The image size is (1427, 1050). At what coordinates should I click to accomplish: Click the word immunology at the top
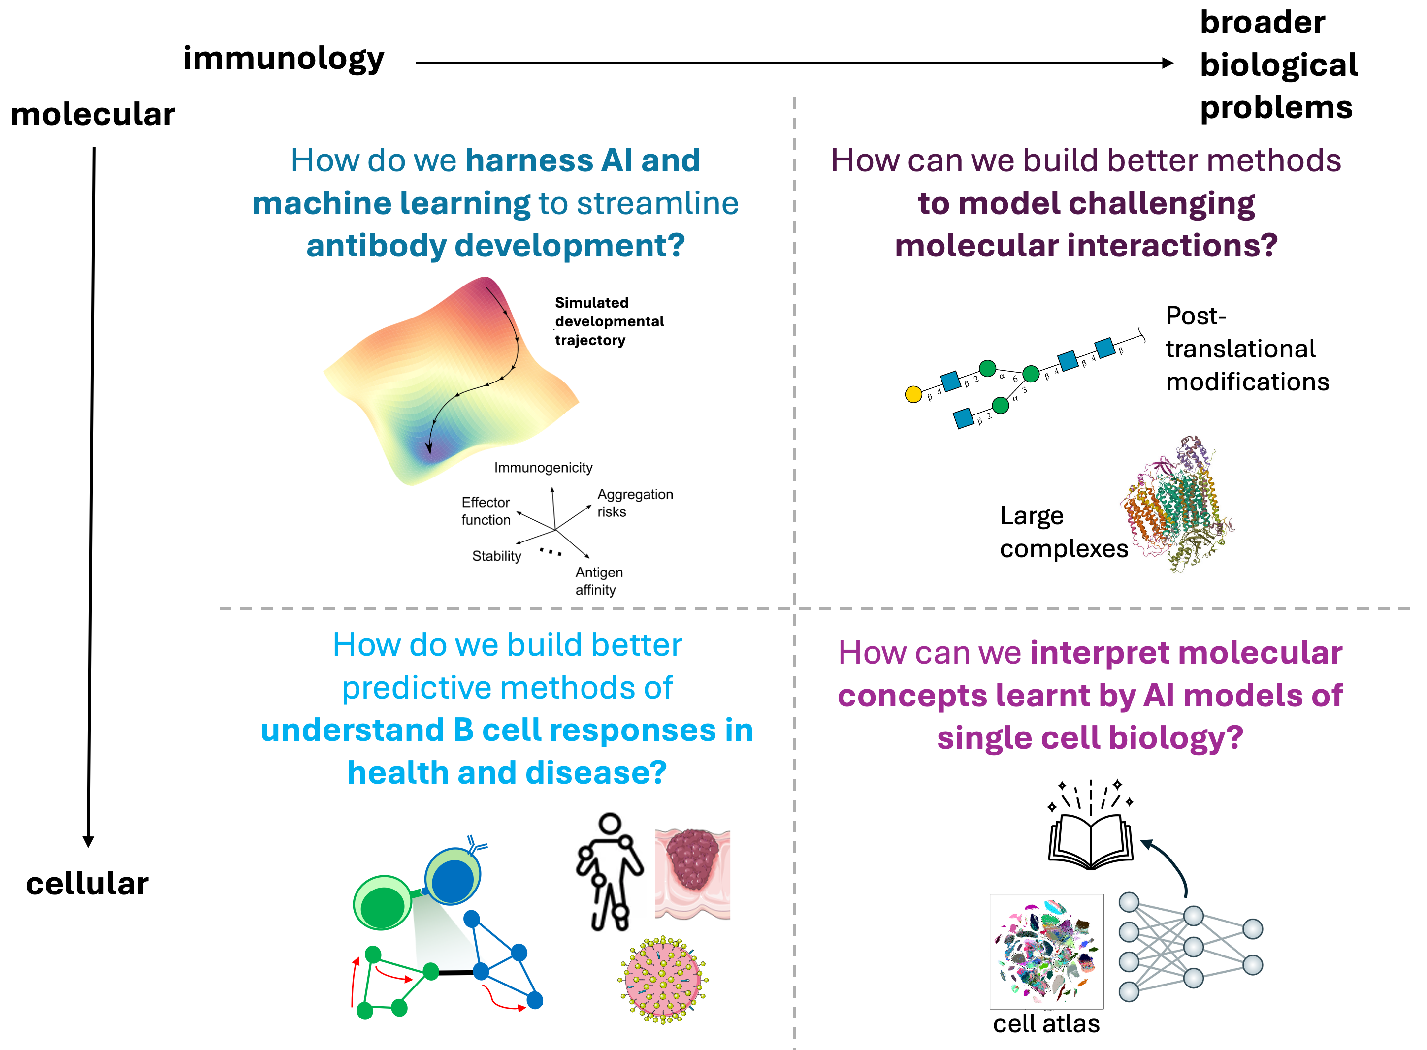pos(284,59)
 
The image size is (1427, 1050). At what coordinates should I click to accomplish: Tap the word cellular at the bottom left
pos(87,884)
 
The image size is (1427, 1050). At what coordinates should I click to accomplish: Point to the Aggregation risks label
pos(634,503)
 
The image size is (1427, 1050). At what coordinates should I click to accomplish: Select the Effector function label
pos(486,511)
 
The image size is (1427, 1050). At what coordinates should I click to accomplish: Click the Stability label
pos(496,556)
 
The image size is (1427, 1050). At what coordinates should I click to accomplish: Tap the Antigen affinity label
pos(599,581)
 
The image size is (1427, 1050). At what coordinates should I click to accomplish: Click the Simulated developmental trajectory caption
pos(609,321)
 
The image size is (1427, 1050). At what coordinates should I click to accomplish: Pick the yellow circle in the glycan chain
pos(913,394)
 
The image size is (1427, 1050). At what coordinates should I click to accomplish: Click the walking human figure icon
pos(609,871)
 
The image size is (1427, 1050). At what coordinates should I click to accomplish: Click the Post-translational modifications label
pos(1246,349)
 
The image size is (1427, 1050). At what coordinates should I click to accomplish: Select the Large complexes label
pos(1063,532)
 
